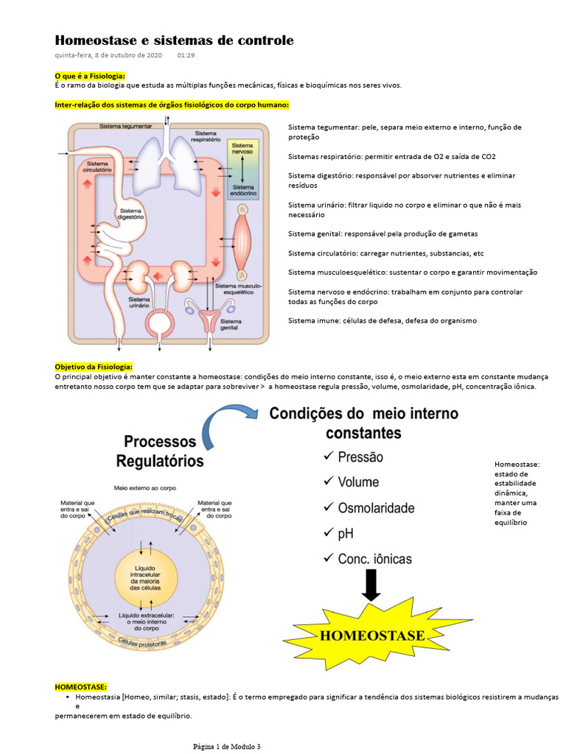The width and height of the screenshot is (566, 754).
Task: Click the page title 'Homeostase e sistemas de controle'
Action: pyautogui.click(x=174, y=40)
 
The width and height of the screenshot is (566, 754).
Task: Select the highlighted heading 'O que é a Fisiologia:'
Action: pyautogui.click(x=90, y=76)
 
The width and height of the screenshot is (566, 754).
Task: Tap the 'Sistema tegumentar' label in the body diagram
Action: pyautogui.click(x=125, y=126)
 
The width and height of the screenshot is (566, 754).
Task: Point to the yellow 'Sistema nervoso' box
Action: pyautogui.click(x=242, y=150)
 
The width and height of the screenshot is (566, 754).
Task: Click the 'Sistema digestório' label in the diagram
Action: pyautogui.click(x=131, y=214)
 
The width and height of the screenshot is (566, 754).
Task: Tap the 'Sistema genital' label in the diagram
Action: pyautogui.click(x=230, y=324)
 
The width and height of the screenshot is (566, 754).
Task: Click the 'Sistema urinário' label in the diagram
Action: pyautogui.click(x=139, y=303)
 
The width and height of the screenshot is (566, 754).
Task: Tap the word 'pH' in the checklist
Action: pyautogui.click(x=346, y=533)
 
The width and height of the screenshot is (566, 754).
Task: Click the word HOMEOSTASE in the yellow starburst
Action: pyautogui.click(x=371, y=635)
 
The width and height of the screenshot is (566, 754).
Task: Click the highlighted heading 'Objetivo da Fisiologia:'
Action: pyautogui.click(x=94, y=366)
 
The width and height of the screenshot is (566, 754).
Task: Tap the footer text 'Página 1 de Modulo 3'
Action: pyautogui.click(x=227, y=747)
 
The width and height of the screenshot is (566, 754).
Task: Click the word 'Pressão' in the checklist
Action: pyautogui.click(x=360, y=457)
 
